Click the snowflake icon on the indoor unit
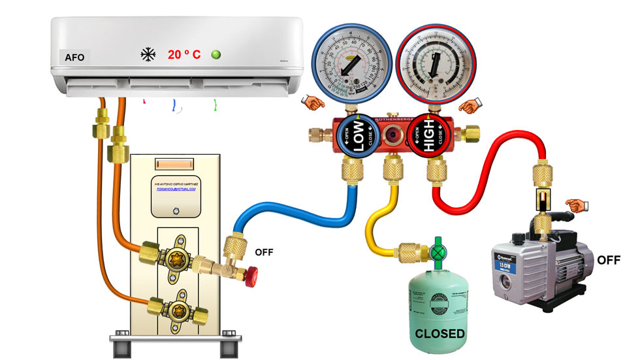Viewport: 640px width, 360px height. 148,54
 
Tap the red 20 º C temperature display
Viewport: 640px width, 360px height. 184,55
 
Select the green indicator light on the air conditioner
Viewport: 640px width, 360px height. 216,55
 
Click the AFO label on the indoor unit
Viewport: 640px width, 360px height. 74,57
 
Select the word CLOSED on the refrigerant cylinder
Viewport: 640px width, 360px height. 441,334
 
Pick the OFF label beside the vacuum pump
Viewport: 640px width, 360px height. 609,260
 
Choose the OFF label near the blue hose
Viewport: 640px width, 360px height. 264,252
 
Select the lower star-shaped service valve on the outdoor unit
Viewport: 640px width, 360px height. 175,308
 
